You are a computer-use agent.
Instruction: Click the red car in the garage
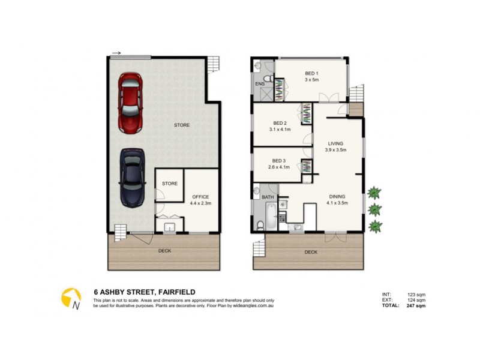click(x=131, y=103)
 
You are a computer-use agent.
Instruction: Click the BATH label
click(x=268, y=196)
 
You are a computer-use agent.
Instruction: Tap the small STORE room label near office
click(x=169, y=184)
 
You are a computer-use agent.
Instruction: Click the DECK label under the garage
click(x=164, y=252)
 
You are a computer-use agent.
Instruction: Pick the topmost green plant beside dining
click(x=374, y=193)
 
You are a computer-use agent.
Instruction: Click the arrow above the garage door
click(x=116, y=53)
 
